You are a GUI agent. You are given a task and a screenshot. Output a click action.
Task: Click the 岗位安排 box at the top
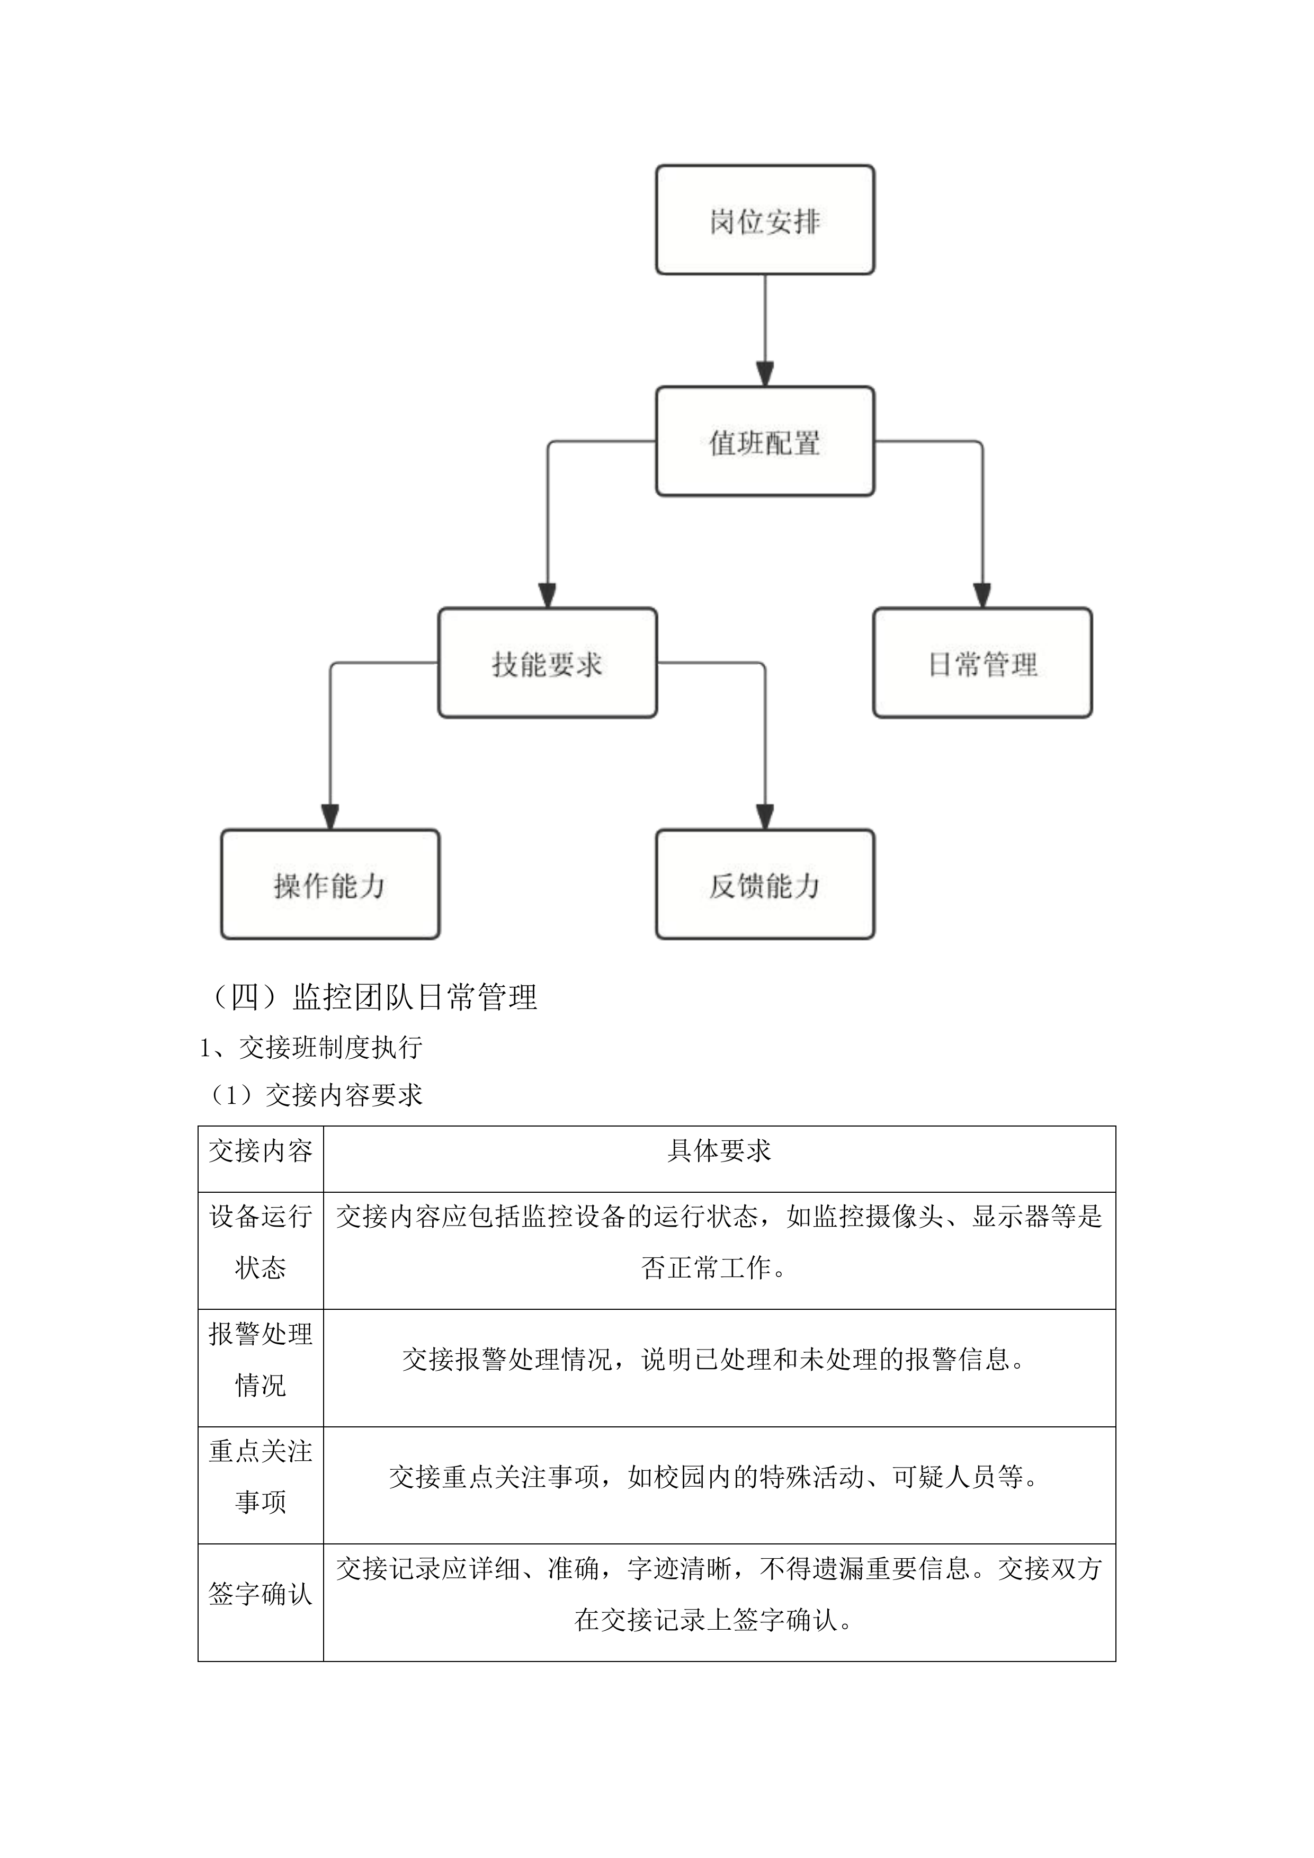[765, 220]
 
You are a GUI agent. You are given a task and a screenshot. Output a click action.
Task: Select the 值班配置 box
[765, 442]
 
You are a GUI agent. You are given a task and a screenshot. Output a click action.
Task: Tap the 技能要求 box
[547, 664]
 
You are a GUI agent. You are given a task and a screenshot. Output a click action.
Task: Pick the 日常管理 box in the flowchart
[982, 664]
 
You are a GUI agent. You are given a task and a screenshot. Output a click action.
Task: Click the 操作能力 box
[330, 885]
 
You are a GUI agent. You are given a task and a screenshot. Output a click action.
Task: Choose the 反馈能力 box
[765, 885]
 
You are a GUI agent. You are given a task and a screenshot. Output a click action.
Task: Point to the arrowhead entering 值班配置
[765, 374]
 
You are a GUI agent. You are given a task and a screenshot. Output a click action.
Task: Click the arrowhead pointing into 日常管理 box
[982, 596]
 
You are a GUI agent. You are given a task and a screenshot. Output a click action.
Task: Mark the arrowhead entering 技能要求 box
[547, 596]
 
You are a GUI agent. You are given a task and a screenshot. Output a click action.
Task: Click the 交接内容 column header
[261, 1151]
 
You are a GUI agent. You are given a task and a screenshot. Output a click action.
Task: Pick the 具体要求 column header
[719, 1151]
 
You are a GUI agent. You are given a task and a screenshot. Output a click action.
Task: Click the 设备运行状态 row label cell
[261, 1242]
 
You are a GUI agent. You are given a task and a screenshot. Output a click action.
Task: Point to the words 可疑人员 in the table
[943, 1477]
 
